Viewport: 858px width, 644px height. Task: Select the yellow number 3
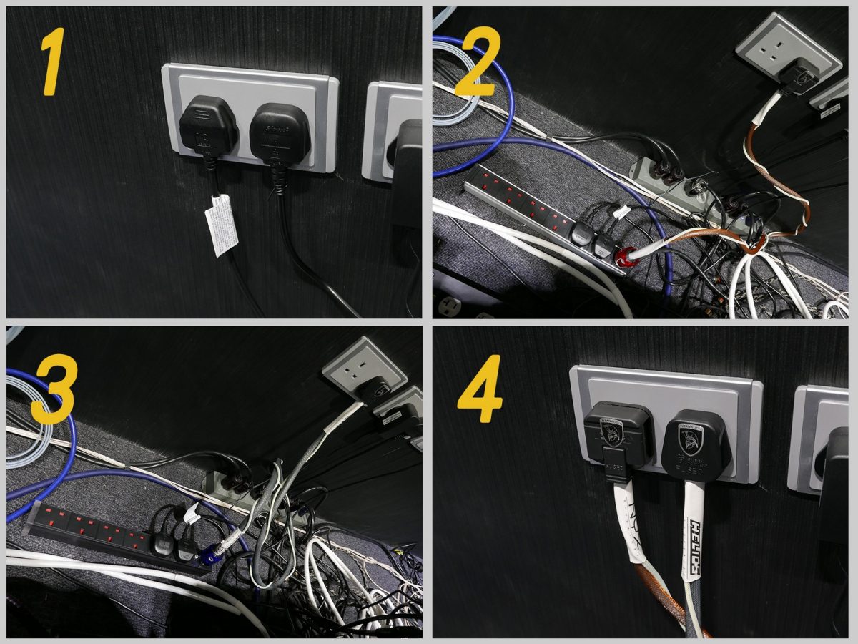coord(51,391)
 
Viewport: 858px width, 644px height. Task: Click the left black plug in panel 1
coord(208,129)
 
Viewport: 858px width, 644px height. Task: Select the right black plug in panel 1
coord(279,132)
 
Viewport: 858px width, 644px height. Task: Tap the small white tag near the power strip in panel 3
coord(192,514)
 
